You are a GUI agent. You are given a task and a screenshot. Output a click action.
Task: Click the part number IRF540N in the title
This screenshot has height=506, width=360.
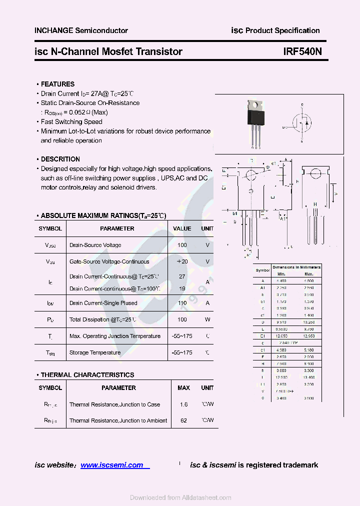302,51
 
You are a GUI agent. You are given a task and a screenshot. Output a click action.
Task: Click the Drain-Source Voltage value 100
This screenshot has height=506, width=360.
182,245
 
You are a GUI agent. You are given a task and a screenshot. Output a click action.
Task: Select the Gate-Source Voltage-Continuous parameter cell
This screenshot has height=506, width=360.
109,261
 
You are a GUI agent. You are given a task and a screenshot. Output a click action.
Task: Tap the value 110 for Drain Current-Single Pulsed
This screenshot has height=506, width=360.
182,303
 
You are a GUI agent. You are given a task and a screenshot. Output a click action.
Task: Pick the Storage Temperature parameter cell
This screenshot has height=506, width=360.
95,352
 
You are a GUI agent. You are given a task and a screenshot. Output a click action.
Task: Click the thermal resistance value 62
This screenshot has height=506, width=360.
183,420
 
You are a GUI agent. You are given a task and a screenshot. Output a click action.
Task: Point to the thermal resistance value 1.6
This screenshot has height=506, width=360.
183,404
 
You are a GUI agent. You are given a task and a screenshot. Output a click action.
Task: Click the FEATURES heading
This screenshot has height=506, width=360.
57,84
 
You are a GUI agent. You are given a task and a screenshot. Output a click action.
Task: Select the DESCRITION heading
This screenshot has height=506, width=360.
60,159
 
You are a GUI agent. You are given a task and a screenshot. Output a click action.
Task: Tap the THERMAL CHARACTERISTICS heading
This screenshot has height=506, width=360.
87,374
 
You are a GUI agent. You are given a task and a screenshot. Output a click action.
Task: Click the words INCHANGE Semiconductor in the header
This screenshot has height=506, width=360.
81,30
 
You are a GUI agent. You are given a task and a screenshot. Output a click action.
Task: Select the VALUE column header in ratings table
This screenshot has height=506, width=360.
182,228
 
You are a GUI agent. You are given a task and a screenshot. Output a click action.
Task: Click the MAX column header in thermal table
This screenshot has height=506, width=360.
183,387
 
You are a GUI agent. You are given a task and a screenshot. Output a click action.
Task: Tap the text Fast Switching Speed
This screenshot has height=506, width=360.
71,121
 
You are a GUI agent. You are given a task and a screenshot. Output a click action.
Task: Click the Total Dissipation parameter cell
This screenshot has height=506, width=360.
103,319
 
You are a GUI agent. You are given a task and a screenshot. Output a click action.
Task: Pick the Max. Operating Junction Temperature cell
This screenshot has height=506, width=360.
115,336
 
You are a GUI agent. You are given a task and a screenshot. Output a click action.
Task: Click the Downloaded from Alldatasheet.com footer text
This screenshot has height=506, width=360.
180,497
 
